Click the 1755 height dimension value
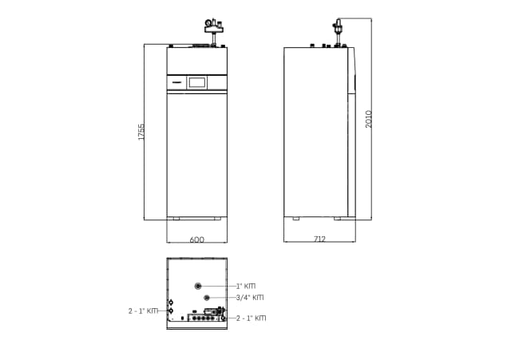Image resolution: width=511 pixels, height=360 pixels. (141, 132)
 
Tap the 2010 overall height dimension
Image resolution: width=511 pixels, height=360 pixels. (368, 119)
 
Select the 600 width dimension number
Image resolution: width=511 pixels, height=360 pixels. (197, 239)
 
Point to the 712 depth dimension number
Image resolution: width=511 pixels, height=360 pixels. (319, 239)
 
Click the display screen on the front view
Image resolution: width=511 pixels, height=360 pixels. (197, 82)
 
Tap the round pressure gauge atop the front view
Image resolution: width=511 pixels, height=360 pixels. (208, 23)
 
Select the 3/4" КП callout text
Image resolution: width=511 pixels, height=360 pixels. (250, 298)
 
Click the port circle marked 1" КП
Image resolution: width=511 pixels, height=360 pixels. (198, 286)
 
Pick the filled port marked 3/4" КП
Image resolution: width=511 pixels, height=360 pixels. (206, 298)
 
